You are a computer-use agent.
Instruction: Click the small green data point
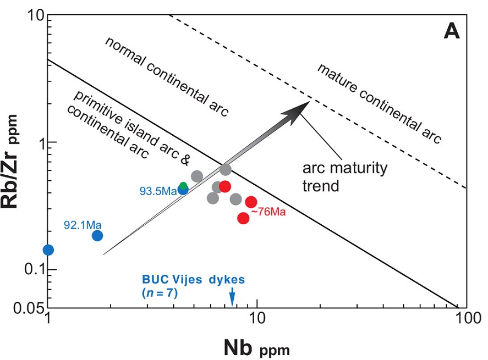point(184,186)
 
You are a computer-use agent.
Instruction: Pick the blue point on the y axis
point(48,250)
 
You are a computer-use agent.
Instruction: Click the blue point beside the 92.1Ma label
point(97,235)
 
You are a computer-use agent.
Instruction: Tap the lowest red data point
point(243,218)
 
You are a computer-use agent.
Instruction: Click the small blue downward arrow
point(232,297)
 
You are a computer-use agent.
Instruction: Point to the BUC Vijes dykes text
point(193,280)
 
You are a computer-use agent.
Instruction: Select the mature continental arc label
point(379,104)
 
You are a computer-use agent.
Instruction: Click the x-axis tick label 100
point(465,319)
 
